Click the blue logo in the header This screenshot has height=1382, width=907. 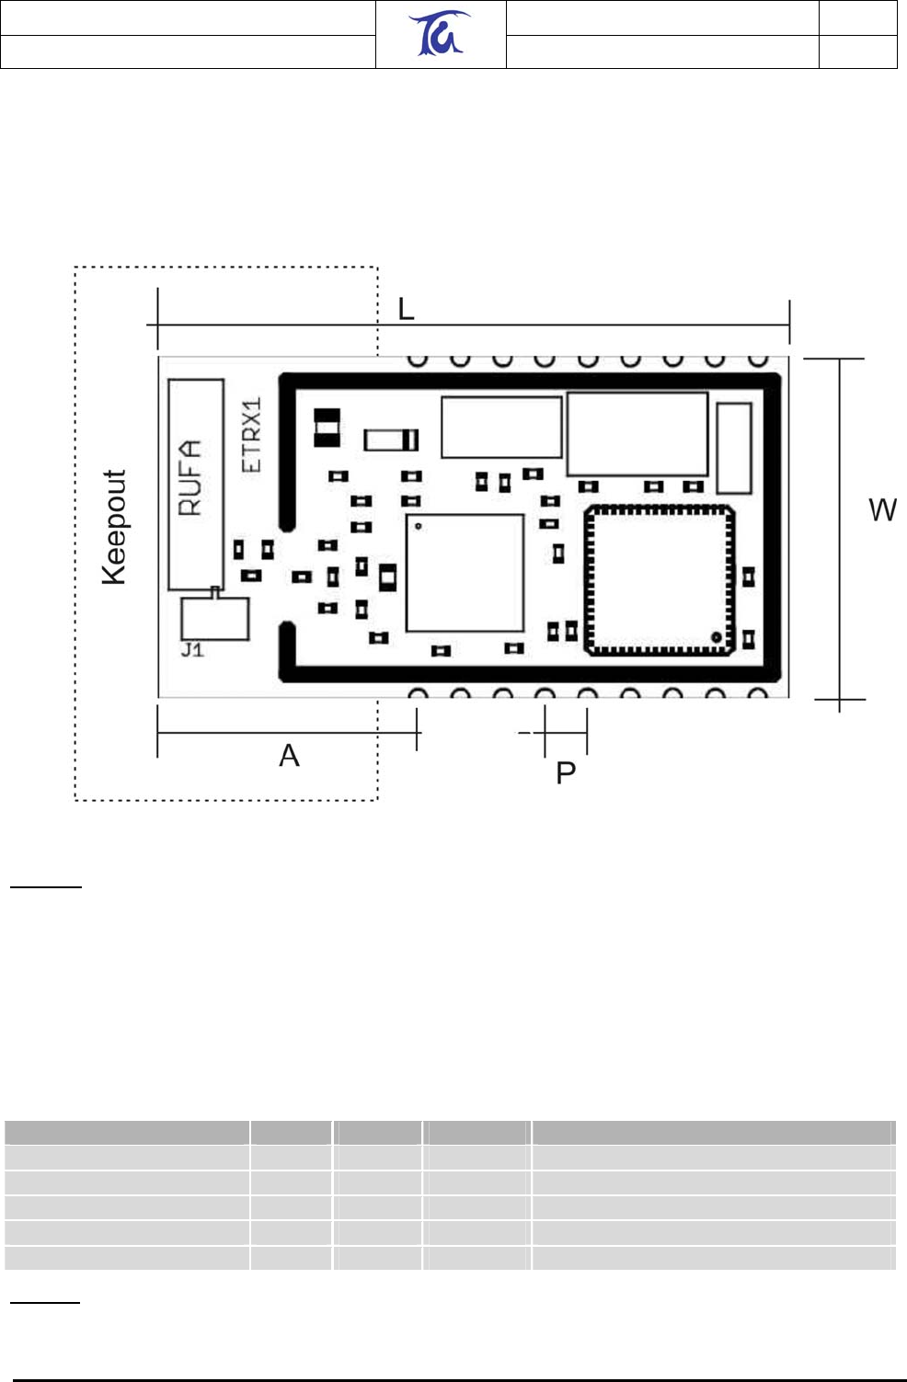tap(441, 34)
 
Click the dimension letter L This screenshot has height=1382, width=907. tap(406, 310)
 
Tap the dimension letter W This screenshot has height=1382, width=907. tap(882, 510)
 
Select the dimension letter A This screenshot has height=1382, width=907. tap(289, 756)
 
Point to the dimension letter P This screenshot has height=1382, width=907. tap(566, 773)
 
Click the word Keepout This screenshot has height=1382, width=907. tap(114, 527)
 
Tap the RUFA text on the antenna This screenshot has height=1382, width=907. tap(189, 477)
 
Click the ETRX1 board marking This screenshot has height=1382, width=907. tap(251, 435)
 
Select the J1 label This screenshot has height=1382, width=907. tap(192, 650)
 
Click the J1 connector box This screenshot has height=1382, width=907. tap(215, 619)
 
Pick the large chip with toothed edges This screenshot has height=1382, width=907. tap(660, 580)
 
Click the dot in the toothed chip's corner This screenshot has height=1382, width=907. tap(715, 635)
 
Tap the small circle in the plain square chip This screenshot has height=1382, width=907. tap(419, 527)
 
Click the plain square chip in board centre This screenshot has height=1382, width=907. tap(465, 573)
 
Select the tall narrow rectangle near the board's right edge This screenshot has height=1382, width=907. tap(733, 448)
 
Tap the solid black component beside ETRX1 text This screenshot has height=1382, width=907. tap(327, 428)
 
